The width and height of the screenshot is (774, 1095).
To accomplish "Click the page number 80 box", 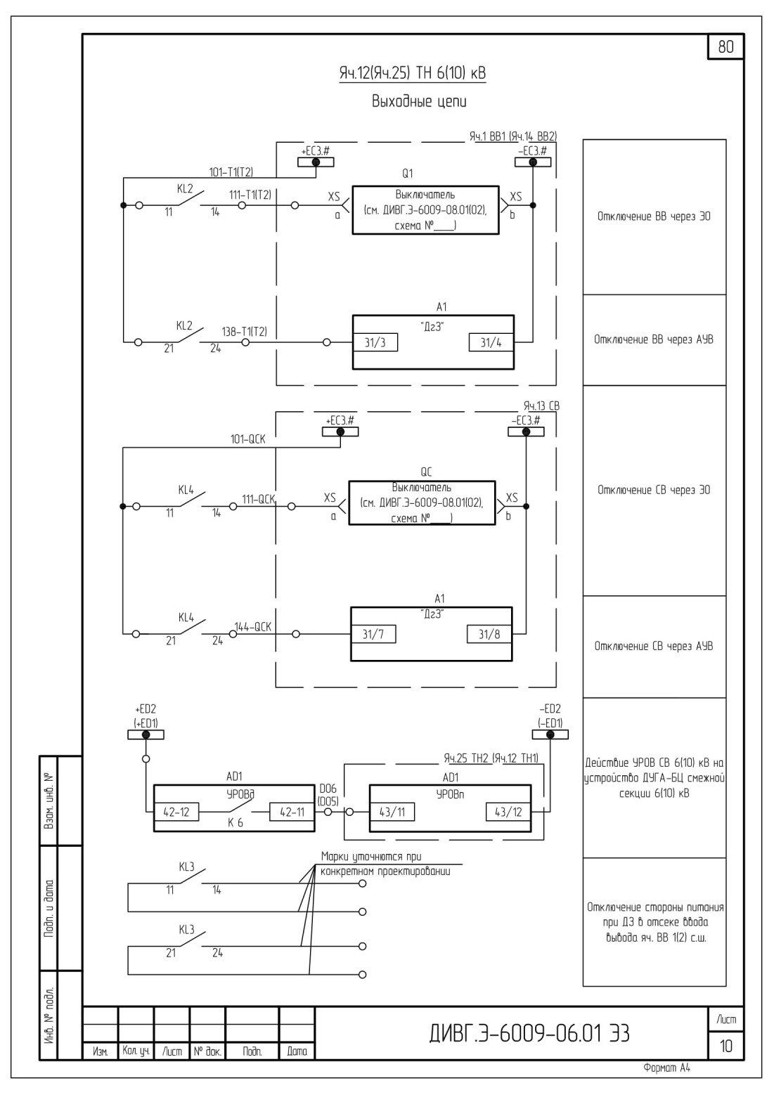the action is (x=725, y=47).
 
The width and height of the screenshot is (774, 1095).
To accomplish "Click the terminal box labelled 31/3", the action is (x=375, y=343).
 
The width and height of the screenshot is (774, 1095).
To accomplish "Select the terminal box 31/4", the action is (x=491, y=343).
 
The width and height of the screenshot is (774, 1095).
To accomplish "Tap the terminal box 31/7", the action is (x=373, y=634).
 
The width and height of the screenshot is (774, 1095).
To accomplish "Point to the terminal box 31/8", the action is (x=489, y=634).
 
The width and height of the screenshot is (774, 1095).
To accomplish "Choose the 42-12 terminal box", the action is (x=176, y=812).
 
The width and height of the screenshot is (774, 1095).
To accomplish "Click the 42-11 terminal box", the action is (x=292, y=812).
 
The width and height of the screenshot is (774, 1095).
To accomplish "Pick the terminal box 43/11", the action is (x=392, y=812).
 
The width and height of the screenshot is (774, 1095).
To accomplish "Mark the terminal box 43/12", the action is (x=508, y=812).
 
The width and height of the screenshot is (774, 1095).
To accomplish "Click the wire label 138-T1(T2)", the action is (x=245, y=332).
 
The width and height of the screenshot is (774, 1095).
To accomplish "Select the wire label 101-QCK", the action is (x=248, y=439).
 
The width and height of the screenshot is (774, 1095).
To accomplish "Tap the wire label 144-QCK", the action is (x=253, y=627).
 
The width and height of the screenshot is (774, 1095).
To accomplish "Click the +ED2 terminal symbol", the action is (x=146, y=734).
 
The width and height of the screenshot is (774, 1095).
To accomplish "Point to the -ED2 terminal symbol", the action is (x=550, y=734).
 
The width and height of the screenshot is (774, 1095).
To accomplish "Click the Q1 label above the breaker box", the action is (x=407, y=174).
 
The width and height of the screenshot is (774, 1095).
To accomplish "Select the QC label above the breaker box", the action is (x=426, y=472).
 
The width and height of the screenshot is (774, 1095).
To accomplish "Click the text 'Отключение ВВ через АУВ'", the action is (x=654, y=339).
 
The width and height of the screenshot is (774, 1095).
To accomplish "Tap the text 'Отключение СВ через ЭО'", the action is (x=654, y=490).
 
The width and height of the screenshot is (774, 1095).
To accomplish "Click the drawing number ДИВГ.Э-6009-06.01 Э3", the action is (x=529, y=1033).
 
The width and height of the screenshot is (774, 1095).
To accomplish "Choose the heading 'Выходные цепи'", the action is (x=419, y=101).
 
